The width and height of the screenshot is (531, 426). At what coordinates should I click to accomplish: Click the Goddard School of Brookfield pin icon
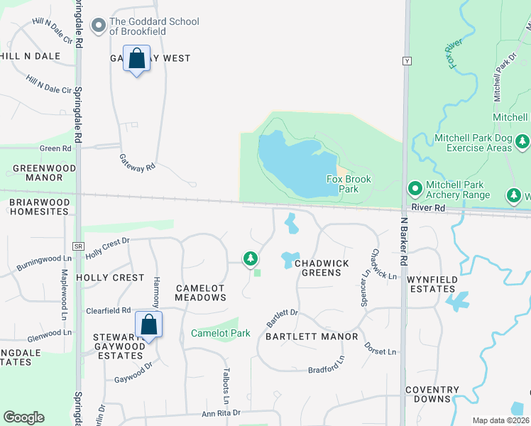tap(98, 26)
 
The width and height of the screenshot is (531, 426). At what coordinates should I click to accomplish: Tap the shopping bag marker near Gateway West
tap(137, 58)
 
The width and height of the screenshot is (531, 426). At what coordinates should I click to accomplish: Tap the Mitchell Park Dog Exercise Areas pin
tap(522, 141)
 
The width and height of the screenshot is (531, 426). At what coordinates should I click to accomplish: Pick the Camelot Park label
tap(221, 333)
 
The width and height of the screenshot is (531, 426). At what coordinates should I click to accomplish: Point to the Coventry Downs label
tap(432, 394)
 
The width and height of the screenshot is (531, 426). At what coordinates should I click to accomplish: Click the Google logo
tap(23, 417)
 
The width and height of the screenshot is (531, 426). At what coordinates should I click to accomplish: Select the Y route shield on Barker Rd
tap(407, 60)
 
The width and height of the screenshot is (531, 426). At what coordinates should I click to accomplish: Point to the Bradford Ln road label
tap(326, 369)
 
